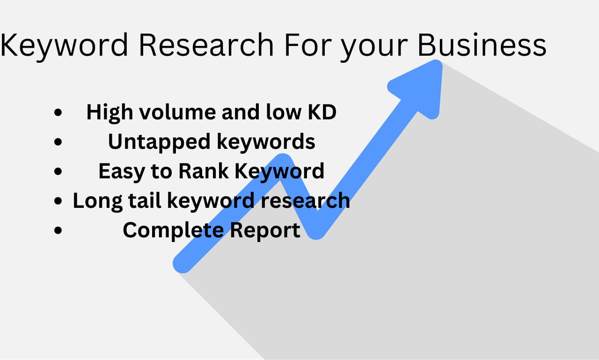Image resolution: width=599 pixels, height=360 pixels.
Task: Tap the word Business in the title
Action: point(482,45)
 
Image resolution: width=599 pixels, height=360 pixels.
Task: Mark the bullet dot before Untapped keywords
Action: point(58,142)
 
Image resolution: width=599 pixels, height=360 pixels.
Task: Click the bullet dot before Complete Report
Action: point(58,230)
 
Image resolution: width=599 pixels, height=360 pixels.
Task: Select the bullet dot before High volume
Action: point(58,113)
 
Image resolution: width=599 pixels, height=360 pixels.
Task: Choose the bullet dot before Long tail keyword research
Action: point(58,201)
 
